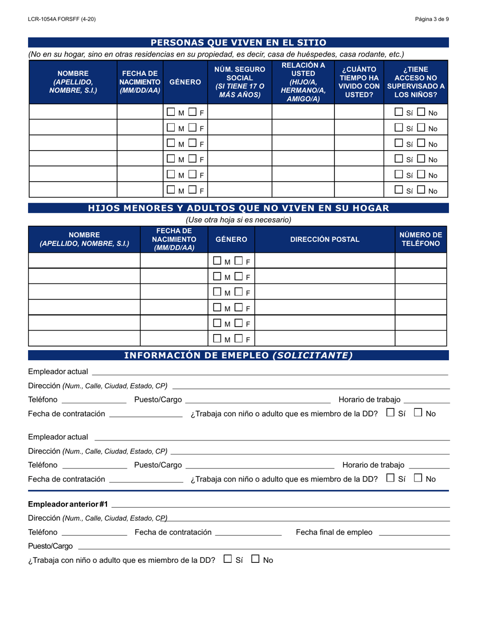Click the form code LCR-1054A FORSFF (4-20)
[62, 19]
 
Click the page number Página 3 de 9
[432, 19]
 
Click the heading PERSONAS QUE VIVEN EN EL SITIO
[238, 43]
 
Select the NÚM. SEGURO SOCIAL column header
[240, 82]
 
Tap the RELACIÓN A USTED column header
[303, 82]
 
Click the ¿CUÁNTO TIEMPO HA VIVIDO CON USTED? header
[359, 82]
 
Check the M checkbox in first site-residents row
[171, 112]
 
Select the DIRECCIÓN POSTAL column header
[325, 239]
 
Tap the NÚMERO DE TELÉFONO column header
[421, 239]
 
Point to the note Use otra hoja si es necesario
[238, 220]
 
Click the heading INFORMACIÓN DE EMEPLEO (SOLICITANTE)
[238, 355]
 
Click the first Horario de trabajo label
[370, 399]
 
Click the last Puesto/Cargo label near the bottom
[51, 546]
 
